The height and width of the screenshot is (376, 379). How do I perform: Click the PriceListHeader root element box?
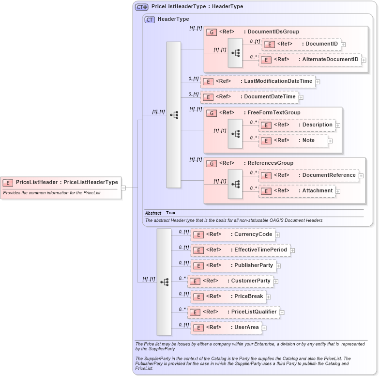coord(61,183)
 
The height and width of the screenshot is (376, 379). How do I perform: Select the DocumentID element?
coord(301,44)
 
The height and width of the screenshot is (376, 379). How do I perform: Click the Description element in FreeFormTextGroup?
coord(297,125)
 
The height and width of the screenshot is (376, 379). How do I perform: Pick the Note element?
coord(293,141)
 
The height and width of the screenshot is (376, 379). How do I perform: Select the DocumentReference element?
coord(309,175)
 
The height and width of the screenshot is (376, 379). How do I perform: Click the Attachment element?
coord(297,191)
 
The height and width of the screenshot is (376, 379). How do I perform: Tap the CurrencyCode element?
coord(233,235)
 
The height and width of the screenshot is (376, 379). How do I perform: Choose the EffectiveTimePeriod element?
coord(240,250)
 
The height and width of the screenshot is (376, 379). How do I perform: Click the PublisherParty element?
coord(233,266)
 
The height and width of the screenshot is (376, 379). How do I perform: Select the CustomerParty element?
coord(230,281)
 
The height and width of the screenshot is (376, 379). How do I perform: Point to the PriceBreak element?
coord(228,297)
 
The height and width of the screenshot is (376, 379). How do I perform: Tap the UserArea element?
coord(226,328)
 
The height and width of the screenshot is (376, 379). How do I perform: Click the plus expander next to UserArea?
coord(264,328)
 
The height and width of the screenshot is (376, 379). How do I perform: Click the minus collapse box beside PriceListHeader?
coord(124,188)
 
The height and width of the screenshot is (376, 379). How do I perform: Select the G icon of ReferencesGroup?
coord(212,163)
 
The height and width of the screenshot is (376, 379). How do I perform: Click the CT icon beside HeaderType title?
coord(150,19)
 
